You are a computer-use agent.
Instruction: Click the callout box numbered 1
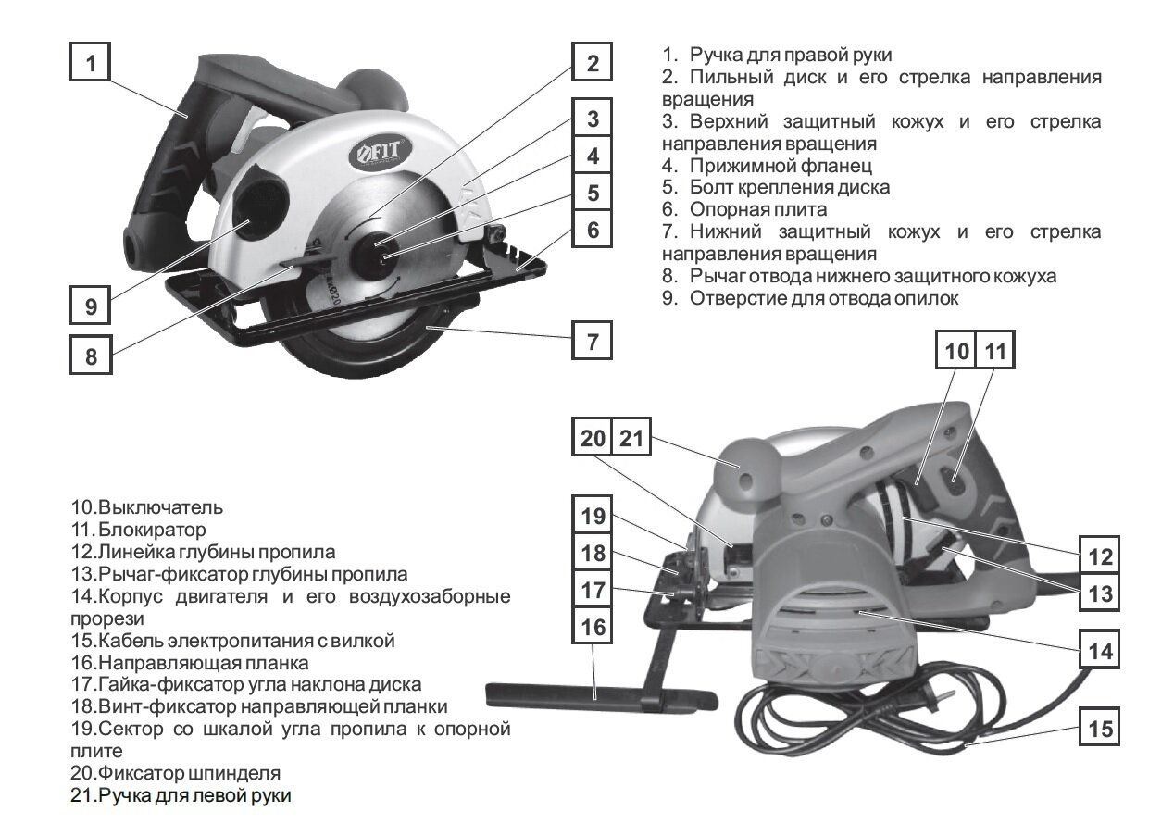pos(91,64)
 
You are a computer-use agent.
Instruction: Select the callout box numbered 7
pos(593,341)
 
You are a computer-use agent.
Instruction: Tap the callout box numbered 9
pos(91,306)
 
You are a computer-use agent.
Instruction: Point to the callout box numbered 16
pos(593,628)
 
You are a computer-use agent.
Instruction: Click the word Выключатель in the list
pos(161,508)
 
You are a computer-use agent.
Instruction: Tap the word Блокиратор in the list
pos(152,530)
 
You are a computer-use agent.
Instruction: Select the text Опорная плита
pos(758,209)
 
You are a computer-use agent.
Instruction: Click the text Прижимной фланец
pos(781,166)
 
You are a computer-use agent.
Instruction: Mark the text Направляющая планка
pos(203,663)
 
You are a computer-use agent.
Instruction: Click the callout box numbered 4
pos(593,156)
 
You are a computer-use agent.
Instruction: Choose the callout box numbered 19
pos(593,517)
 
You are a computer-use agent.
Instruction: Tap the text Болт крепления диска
pos(790,187)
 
